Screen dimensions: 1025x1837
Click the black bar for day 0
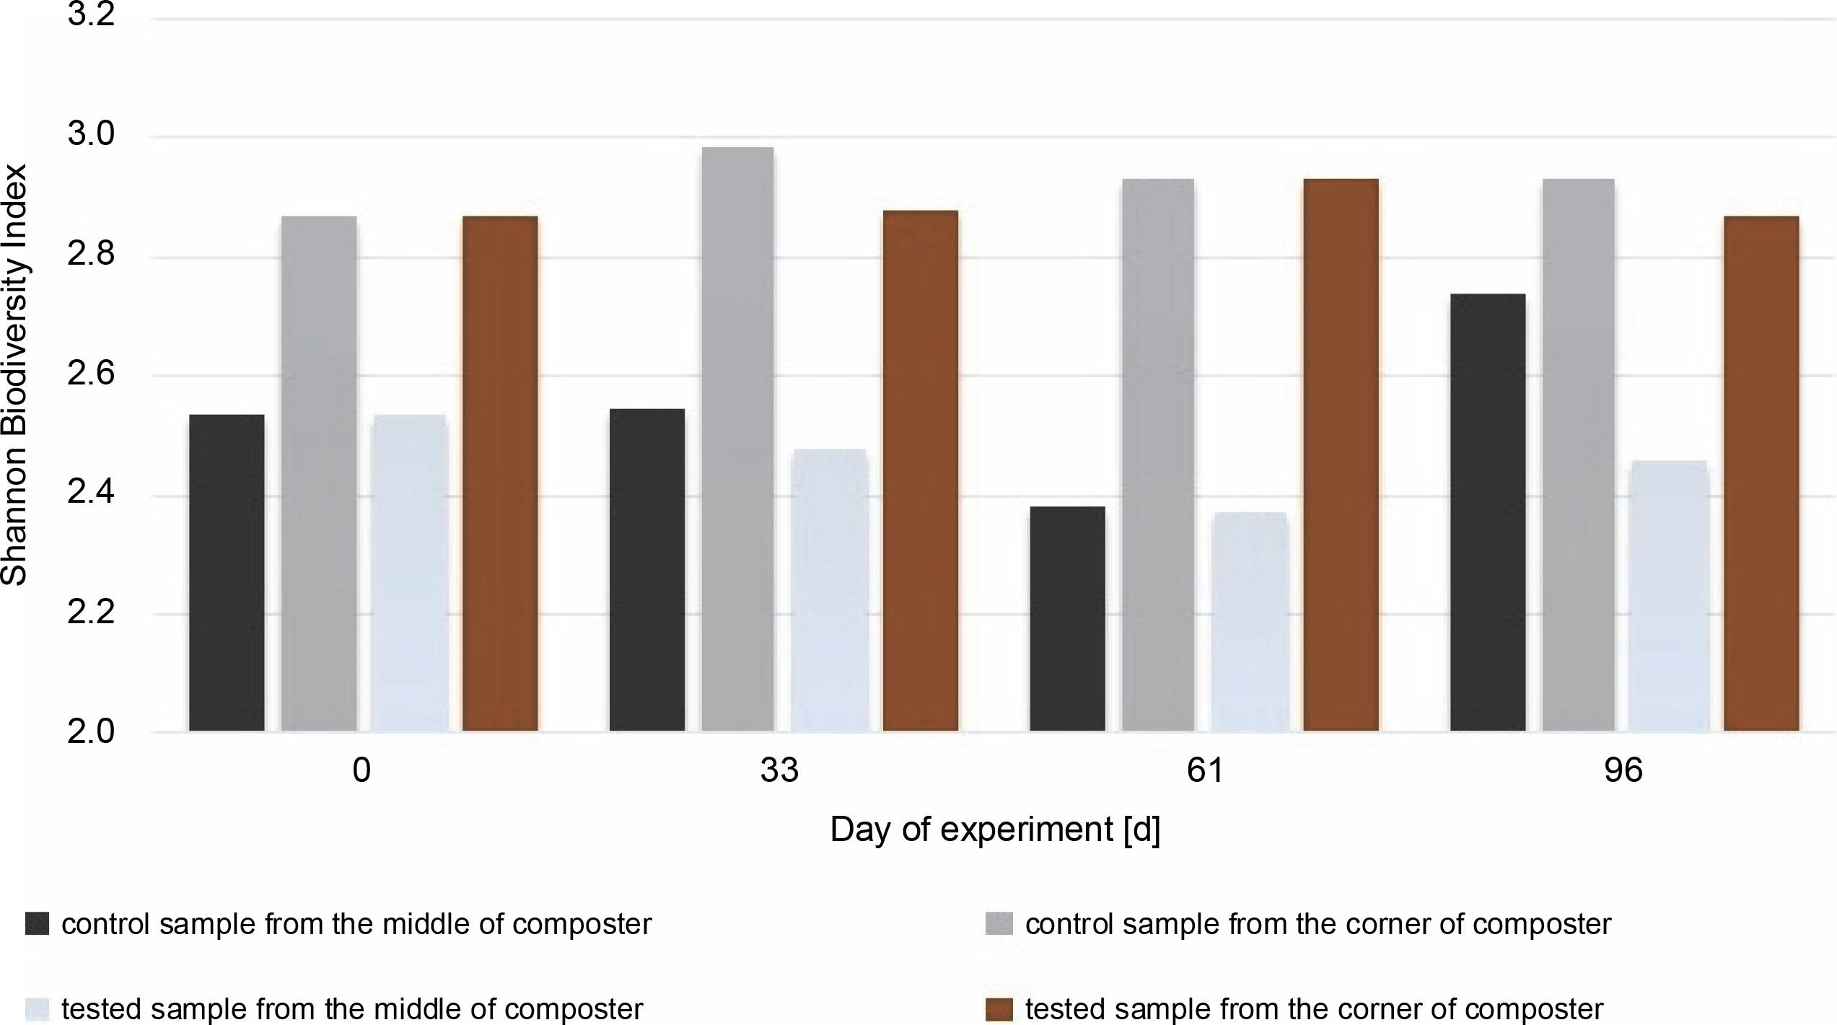tap(227, 573)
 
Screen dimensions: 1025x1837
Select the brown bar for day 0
tap(500, 473)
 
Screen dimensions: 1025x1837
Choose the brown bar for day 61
tap(1341, 454)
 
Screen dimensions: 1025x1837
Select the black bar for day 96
tap(1488, 512)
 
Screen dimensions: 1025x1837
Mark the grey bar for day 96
tap(1578, 454)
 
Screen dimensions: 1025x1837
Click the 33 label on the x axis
tap(779, 771)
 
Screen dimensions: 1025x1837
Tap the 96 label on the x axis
tap(1623, 771)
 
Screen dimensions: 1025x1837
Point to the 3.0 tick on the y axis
tap(91, 136)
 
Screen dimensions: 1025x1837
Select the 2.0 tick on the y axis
tap(91, 732)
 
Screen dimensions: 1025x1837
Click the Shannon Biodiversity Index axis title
tap(14, 375)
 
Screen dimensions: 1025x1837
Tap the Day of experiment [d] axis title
tap(995, 830)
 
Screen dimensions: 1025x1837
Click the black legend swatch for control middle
tap(37, 924)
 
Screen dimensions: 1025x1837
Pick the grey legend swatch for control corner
tap(999, 924)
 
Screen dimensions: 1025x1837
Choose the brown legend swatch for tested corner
tap(999, 1008)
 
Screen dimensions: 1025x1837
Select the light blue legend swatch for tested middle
tap(37, 1008)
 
